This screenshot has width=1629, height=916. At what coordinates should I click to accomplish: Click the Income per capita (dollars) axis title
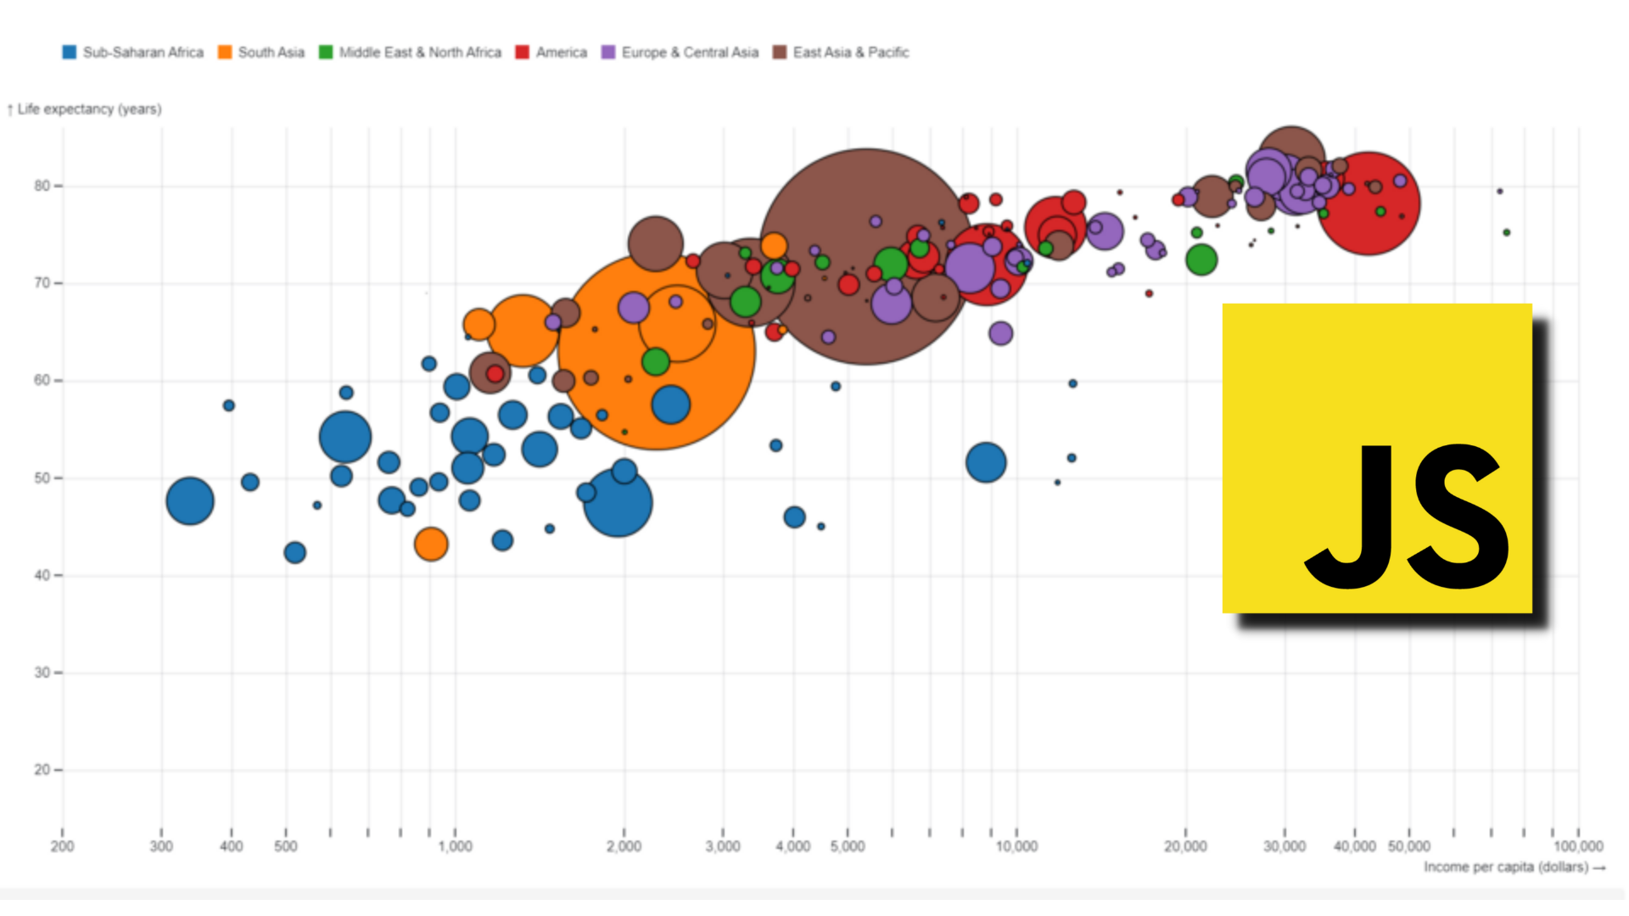click(x=1506, y=867)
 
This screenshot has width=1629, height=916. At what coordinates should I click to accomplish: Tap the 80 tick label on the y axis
click(x=42, y=186)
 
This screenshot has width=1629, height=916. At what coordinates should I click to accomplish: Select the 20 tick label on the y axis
click(x=42, y=770)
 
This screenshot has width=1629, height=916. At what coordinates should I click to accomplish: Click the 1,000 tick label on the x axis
click(x=455, y=846)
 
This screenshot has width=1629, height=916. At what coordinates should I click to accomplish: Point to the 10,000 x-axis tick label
click(x=1016, y=846)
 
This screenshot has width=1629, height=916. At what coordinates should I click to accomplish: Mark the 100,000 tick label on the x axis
click(x=1578, y=846)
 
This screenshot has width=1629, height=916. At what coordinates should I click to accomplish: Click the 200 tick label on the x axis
click(x=62, y=846)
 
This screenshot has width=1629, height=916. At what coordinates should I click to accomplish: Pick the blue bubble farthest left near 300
click(x=190, y=501)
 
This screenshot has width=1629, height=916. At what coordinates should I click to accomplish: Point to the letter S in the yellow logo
click(x=1457, y=517)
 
